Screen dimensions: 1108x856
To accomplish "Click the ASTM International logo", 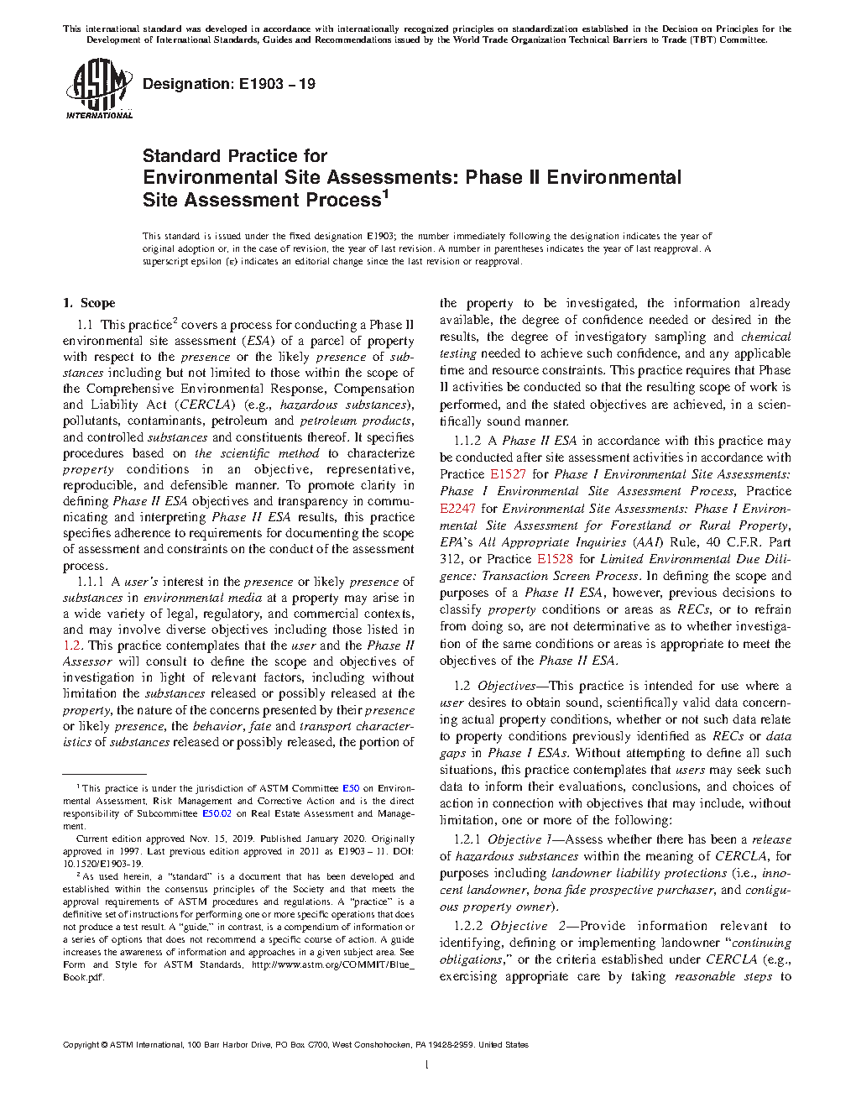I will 98,88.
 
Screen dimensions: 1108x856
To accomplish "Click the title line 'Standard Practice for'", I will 234,156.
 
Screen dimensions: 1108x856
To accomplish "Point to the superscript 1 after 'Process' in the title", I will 385,195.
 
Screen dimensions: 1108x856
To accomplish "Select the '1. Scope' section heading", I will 89,303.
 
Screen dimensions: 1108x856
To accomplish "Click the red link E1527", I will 508,474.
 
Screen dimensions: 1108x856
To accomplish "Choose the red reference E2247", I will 457,508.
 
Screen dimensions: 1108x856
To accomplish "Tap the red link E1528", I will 555,558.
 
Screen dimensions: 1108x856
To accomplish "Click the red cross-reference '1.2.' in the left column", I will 73,645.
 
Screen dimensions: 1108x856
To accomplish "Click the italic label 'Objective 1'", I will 519,839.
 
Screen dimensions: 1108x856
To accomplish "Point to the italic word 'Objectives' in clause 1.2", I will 506,686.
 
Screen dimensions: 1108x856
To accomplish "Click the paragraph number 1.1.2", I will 467,441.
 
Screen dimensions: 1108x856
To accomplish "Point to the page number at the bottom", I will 427,1065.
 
